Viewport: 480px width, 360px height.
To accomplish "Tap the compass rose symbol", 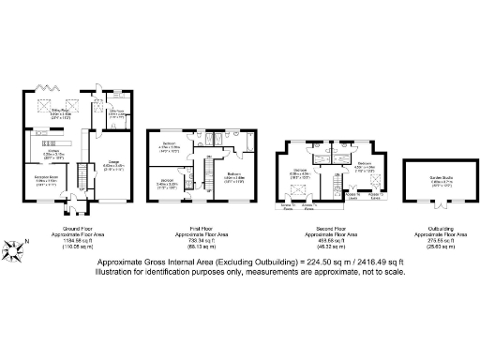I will click(x=15, y=248).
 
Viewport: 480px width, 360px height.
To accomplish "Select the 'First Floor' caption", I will click(x=199, y=227).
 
